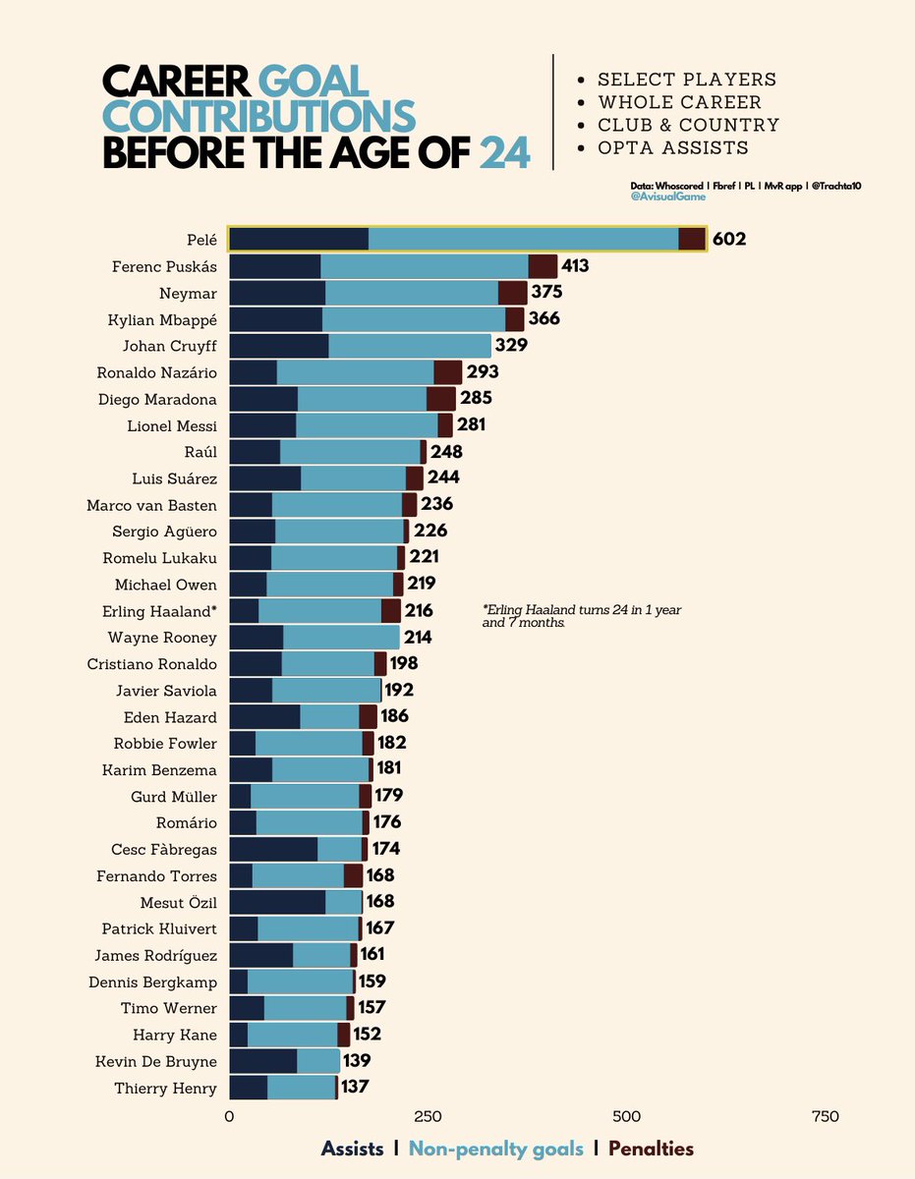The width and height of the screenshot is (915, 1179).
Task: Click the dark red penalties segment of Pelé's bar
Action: pyautogui.click(x=692, y=240)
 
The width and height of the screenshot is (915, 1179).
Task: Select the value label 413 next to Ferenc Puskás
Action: pyautogui.click(x=575, y=266)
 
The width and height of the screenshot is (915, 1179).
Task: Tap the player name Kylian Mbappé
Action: pyautogui.click(x=162, y=319)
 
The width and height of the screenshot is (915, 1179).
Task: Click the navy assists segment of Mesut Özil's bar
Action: pyautogui.click(x=276, y=902)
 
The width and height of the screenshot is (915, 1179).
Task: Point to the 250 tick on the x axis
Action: pyautogui.click(x=427, y=1116)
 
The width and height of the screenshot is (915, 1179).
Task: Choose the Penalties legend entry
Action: pyautogui.click(x=651, y=1149)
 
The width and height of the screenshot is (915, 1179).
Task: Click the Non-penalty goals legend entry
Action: pyautogui.click(x=495, y=1149)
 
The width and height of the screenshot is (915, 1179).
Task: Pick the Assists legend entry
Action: pyautogui.click(x=352, y=1149)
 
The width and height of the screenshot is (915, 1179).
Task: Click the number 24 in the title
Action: pyautogui.click(x=505, y=153)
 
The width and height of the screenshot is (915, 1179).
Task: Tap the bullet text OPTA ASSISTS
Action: pyautogui.click(x=673, y=147)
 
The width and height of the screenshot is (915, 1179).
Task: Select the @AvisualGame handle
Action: pyautogui.click(x=667, y=196)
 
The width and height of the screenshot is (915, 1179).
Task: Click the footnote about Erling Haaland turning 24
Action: pyautogui.click(x=582, y=616)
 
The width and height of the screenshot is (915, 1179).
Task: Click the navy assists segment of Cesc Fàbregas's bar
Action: pyautogui.click(x=273, y=849)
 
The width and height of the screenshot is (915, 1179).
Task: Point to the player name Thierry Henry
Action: pyautogui.click(x=165, y=1088)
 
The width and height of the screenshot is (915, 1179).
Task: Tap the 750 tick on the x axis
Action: pyautogui.click(x=826, y=1116)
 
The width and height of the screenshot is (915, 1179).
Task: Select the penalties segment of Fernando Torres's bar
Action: pyautogui.click(x=353, y=875)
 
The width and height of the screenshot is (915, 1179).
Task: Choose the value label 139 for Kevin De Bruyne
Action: pyautogui.click(x=357, y=1061)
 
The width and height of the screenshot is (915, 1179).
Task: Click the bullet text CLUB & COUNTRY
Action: pyautogui.click(x=688, y=125)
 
